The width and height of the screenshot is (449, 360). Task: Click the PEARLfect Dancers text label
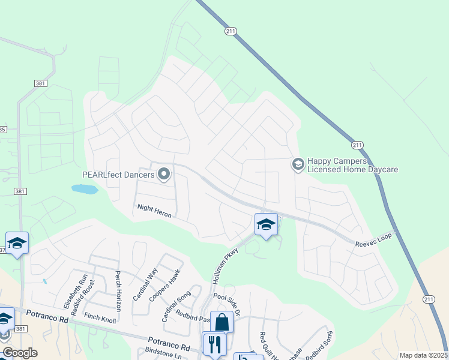pyautogui.click(x=118, y=175)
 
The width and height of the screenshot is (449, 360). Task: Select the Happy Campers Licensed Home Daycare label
pyautogui.click(x=352, y=166)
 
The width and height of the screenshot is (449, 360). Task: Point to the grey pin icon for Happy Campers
pyautogui.click(x=298, y=164)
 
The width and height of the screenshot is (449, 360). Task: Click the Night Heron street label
pyautogui.click(x=155, y=207)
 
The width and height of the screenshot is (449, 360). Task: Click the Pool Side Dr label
pyautogui.click(x=227, y=305)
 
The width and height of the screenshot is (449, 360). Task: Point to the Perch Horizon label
pyautogui.click(x=118, y=291)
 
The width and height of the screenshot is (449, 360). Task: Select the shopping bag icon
pyautogui.click(x=221, y=322)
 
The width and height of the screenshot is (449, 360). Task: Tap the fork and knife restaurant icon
pyautogui.click(x=214, y=343)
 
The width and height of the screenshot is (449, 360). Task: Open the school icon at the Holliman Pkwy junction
pyautogui.click(x=266, y=224)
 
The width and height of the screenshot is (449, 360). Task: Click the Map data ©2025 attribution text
pyautogui.click(x=423, y=355)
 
